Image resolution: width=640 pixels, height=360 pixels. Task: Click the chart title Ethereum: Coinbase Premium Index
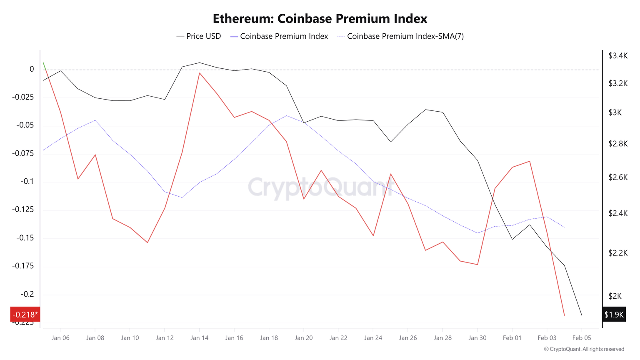pyautogui.click(x=320, y=19)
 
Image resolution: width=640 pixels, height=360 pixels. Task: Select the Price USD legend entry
pyautogui.click(x=199, y=36)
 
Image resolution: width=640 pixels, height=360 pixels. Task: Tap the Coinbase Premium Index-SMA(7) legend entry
pyautogui.click(x=400, y=36)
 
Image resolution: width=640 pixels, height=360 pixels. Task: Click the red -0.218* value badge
pyautogui.click(x=25, y=315)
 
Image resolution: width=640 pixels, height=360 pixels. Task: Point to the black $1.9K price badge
pyautogui.click(x=614, y=315)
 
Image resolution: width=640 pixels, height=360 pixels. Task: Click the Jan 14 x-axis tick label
pyautogui.click(x=199, y=338)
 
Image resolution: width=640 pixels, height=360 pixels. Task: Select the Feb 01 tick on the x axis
pyautogui.click(x=512, y=338)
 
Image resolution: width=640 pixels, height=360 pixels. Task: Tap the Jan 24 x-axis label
pyautogui.click(x=373, y=338)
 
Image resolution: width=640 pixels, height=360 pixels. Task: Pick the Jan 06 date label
pyautogui.click(x=60, y=338)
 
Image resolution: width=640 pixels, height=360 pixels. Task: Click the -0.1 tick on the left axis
pyautogui.click(x=28, y=182)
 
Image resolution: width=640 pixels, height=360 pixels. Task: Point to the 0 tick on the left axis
pyautogui.click(x=32, y=69)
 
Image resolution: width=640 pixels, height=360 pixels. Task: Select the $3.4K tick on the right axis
pyautogui.click(x=617, y=56)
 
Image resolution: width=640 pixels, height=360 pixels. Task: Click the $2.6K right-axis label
pyautogui.click(x=617, y=177)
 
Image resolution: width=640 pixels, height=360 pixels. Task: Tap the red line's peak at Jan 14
pyautogui.click(x=200, y=73)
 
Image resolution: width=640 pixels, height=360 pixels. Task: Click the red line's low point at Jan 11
pyautogui.click(x=147, y=242)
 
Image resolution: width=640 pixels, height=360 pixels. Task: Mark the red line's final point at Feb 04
pyautogui.click(x=564, y=315)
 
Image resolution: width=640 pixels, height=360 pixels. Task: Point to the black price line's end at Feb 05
pyautogui.click(x=582, y=315)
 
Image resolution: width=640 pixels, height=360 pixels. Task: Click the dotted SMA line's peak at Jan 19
pyautogui.click(x=286, y=115)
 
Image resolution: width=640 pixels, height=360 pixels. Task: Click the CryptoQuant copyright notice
pyautogui.click(x=584, y=349)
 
